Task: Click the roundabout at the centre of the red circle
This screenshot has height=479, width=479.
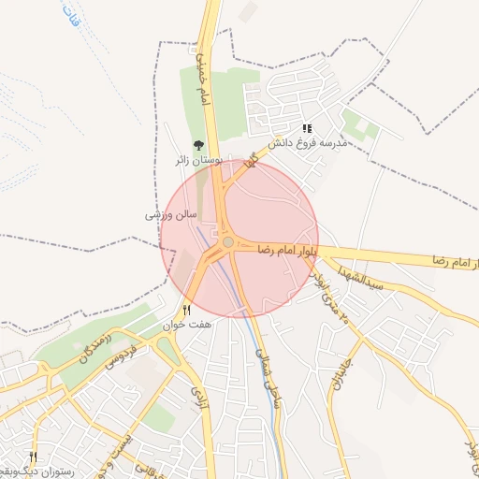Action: click(228, 243)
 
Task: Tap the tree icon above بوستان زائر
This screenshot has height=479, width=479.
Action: click(197, 145)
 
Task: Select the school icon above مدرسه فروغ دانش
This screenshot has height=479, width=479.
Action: click(307, 129)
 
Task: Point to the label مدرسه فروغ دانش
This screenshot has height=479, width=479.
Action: click(308, 143)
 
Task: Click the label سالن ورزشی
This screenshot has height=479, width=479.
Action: click(170, 214)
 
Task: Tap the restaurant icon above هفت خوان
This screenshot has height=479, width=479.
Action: click(186, 310)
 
